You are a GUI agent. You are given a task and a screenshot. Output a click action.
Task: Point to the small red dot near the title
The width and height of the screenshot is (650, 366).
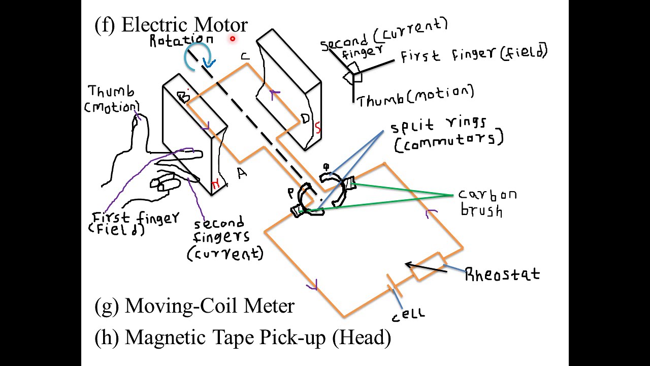point(233,38)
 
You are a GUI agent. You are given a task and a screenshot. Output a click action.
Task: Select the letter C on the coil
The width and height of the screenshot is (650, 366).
point(245,56)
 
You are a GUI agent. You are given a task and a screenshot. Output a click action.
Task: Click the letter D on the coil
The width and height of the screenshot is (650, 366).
point(305,119)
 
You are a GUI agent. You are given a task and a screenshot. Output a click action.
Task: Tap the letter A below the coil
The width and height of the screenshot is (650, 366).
point(242,173)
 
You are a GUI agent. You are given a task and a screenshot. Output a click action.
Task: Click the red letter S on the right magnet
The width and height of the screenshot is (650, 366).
point(318,129)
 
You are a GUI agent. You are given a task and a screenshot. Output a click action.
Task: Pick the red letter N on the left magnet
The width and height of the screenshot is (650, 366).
point(215,185)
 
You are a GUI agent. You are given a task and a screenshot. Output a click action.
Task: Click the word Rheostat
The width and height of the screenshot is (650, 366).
point(502,275)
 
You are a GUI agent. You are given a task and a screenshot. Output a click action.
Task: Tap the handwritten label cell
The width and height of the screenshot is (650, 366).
point(408,315)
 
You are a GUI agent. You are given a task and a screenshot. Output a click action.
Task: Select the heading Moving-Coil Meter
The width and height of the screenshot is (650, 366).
point(194,306)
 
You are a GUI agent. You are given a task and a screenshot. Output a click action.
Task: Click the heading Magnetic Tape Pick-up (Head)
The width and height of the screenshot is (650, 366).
point(242,337)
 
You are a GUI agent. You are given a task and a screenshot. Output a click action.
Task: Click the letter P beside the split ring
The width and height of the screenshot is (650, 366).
point(290,193)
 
